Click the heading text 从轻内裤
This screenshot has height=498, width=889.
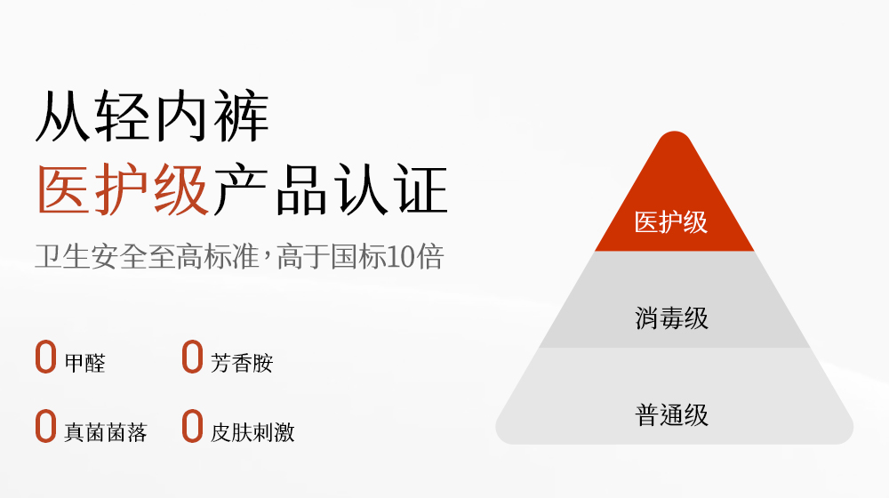[152, 116]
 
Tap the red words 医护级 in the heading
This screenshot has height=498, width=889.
[123, 189]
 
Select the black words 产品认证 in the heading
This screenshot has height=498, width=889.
[331, 189]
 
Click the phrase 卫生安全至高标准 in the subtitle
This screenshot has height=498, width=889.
[147, 256]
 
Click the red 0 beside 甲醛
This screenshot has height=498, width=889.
[46, 357]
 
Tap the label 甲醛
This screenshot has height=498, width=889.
[85, 363]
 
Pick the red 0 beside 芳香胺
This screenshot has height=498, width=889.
[192, 357]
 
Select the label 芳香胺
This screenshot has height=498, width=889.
[242, 363]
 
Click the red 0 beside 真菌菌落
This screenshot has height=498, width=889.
[46, 426]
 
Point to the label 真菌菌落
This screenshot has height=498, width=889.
[106, 432]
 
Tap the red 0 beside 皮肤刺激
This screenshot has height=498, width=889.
[192, 426]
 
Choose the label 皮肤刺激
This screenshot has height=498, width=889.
[252, 432]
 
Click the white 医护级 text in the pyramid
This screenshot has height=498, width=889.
[670, 221]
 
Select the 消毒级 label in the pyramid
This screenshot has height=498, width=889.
[671, 318]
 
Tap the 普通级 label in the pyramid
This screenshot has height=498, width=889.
[671, 414]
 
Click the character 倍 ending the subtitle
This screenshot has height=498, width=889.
[430, 256]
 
